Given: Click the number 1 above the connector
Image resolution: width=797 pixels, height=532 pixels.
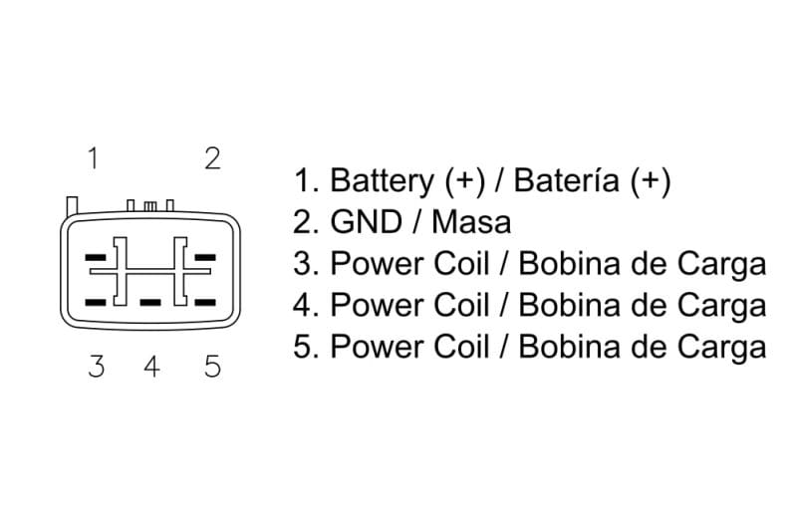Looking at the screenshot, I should (x=93, y=157).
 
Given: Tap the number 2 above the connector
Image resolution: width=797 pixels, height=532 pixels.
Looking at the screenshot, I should (x=212, y=157).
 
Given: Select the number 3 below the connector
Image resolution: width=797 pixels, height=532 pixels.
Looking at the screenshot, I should (x=96, y=367).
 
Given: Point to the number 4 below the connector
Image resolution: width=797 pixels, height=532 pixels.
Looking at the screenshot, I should (x=151, y=367).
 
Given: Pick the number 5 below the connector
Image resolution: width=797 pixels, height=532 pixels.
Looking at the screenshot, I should (x=212, y=367).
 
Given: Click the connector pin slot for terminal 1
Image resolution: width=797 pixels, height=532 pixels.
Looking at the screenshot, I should (x=97, y=257).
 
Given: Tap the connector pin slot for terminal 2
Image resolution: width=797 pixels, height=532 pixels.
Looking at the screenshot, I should (x=205, y=257).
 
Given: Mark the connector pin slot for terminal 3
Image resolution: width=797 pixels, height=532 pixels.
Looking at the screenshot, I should (x=97, y=300).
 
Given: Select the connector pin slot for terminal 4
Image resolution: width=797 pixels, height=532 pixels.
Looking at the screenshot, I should (x=150, y=300).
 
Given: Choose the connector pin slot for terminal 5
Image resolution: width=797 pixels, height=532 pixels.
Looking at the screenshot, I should (x=205, y=300).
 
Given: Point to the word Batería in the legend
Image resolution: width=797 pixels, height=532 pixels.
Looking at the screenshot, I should (x=568, y=181).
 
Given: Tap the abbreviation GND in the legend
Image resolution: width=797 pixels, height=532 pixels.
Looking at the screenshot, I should (x=365, y=222).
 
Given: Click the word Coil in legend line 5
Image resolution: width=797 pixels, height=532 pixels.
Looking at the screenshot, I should (x=461, y=347).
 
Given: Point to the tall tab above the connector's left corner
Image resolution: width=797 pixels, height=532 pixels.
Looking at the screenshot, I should (x=72, y=205).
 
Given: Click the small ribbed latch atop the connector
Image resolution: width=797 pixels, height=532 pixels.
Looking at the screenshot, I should (x=150, y=206).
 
